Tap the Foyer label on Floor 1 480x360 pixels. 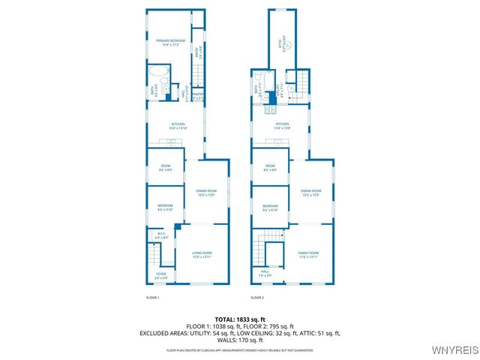pyautogui.click(x=161, y=276)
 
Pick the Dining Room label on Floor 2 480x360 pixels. pyautogui.click(x=310, y=193)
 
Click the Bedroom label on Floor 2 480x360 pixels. pyautogui.click(x=270, y=208)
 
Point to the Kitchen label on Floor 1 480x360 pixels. pyautogui.click(x=178, y=125)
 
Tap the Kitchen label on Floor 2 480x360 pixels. pyautogui.click(x=282, y=125)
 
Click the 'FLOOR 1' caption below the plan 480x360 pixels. pyautogui.click(x=152, y=298)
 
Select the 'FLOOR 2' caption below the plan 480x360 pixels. pyautogui.click(x=257, y=298)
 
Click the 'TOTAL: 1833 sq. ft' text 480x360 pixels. pyautogui.click(x=239, y=318)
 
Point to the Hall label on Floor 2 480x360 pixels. pyautogui.click(x=265, y=273)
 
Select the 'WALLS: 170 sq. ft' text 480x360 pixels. pyautogui.click(x=239, y=340)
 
